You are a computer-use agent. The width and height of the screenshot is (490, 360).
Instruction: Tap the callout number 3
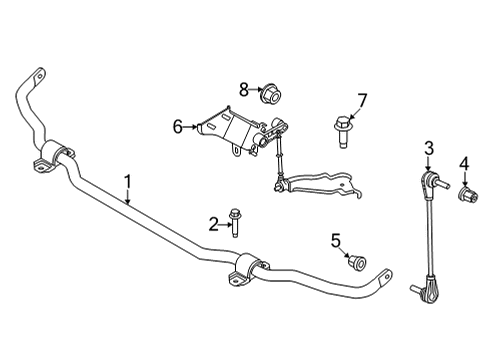(428, 149)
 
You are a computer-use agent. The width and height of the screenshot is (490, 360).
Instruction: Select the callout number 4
(463, 163)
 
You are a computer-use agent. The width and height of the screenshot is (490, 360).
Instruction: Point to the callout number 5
(337, 239)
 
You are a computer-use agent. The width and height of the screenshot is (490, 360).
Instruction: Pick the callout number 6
(178, 127)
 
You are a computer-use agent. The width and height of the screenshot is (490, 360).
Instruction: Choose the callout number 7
(362, 100)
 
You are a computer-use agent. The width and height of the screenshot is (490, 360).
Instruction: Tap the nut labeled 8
(268, 96)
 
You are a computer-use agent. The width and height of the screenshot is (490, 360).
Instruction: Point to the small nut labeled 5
(353, 262)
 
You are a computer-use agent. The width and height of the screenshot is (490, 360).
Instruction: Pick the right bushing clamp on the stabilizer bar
(251, 267)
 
